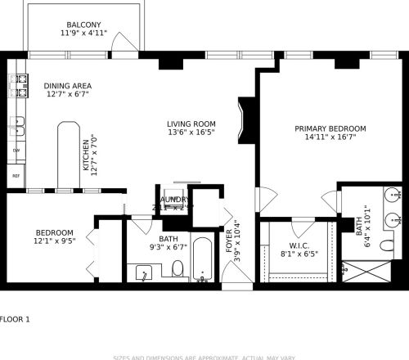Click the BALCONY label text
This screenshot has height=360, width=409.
(83, 25)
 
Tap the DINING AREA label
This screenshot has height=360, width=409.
(67, 86)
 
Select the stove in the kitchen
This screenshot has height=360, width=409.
(17, 85)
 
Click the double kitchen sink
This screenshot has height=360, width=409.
(16, 126)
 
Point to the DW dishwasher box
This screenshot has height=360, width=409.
(16, 151)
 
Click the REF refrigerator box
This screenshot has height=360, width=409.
(16, 175)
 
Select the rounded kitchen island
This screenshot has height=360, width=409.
(69, 155)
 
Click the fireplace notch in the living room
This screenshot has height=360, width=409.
(243, 119)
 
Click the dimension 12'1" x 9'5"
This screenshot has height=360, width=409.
(54, 241)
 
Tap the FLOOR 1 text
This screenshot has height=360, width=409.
(15, 319)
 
